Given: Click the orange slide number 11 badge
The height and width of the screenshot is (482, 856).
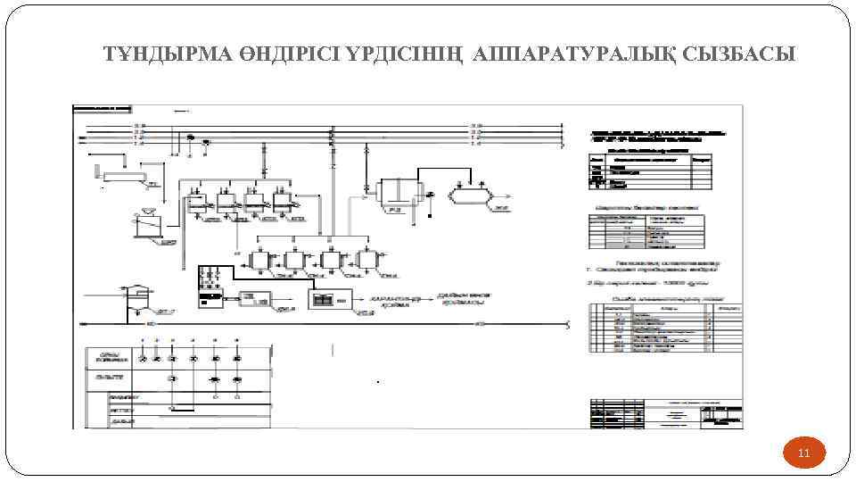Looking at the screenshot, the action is (803, 453).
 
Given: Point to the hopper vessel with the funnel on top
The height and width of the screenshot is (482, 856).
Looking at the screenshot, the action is (144, 224).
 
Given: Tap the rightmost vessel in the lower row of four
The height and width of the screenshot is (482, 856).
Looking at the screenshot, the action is (367, 261).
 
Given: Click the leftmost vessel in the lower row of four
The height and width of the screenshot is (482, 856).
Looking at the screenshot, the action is (259, 261).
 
